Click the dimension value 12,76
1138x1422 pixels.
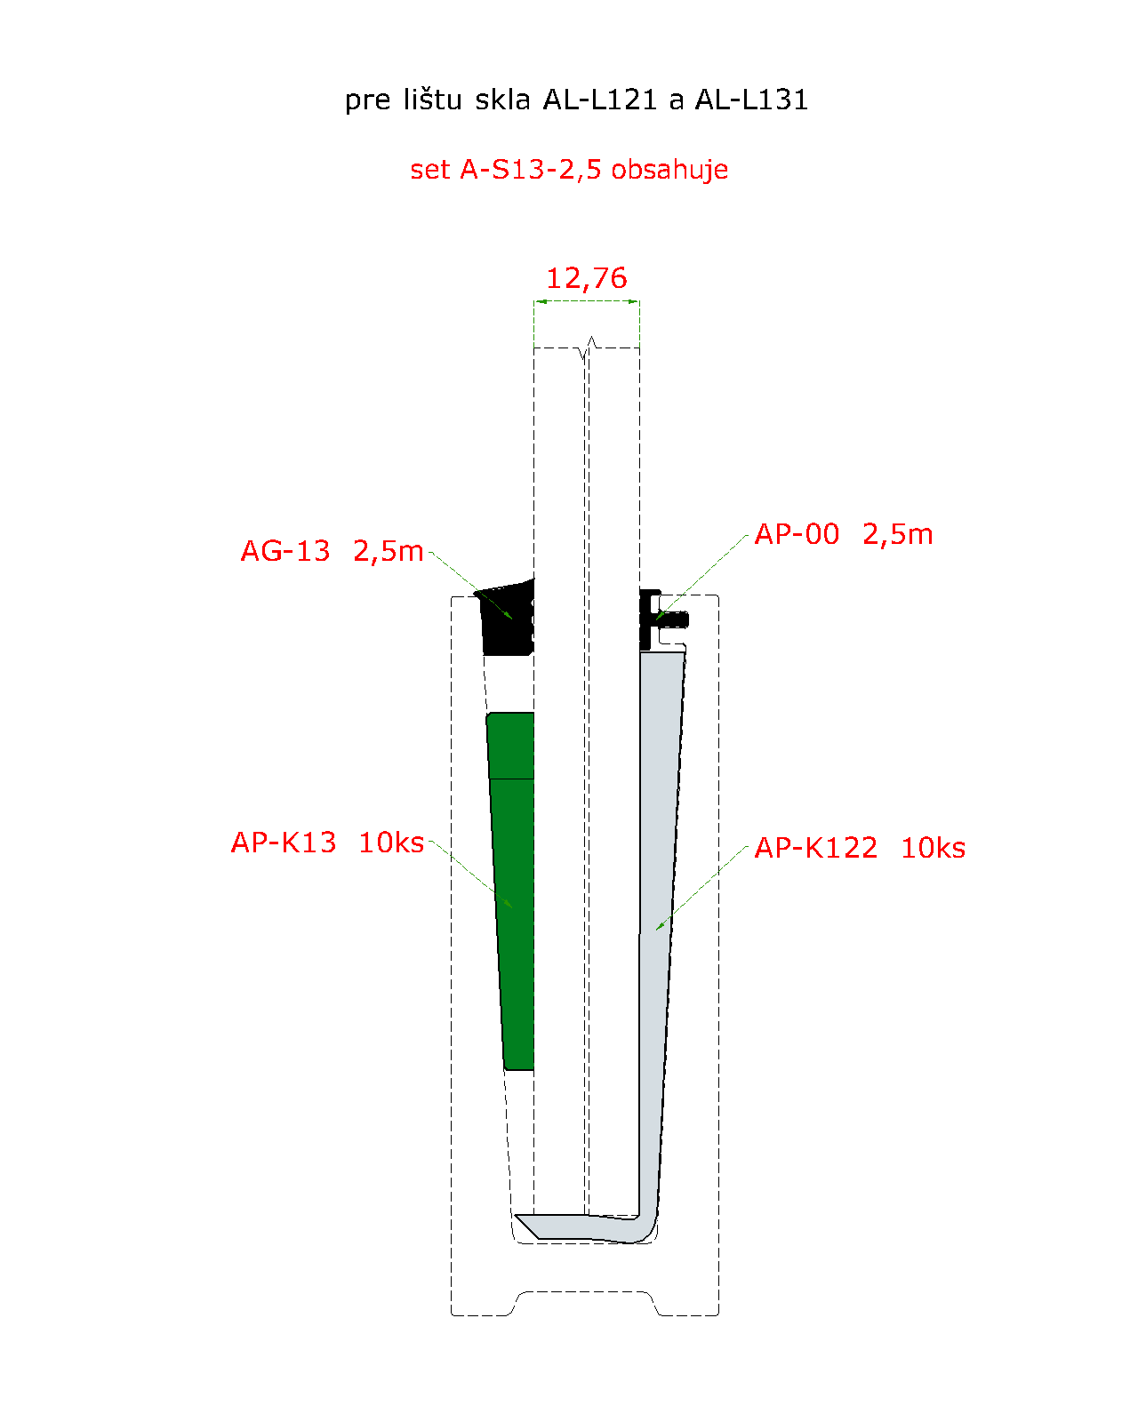pos(586,278)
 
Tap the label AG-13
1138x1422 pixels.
pos(285,551)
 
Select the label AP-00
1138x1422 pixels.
pos(797,534)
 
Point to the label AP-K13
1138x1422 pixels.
pos(284,843)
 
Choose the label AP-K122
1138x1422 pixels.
pos(816,848)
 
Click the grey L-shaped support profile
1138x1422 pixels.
pos(658,925)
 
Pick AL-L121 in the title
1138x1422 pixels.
pos(600,100)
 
